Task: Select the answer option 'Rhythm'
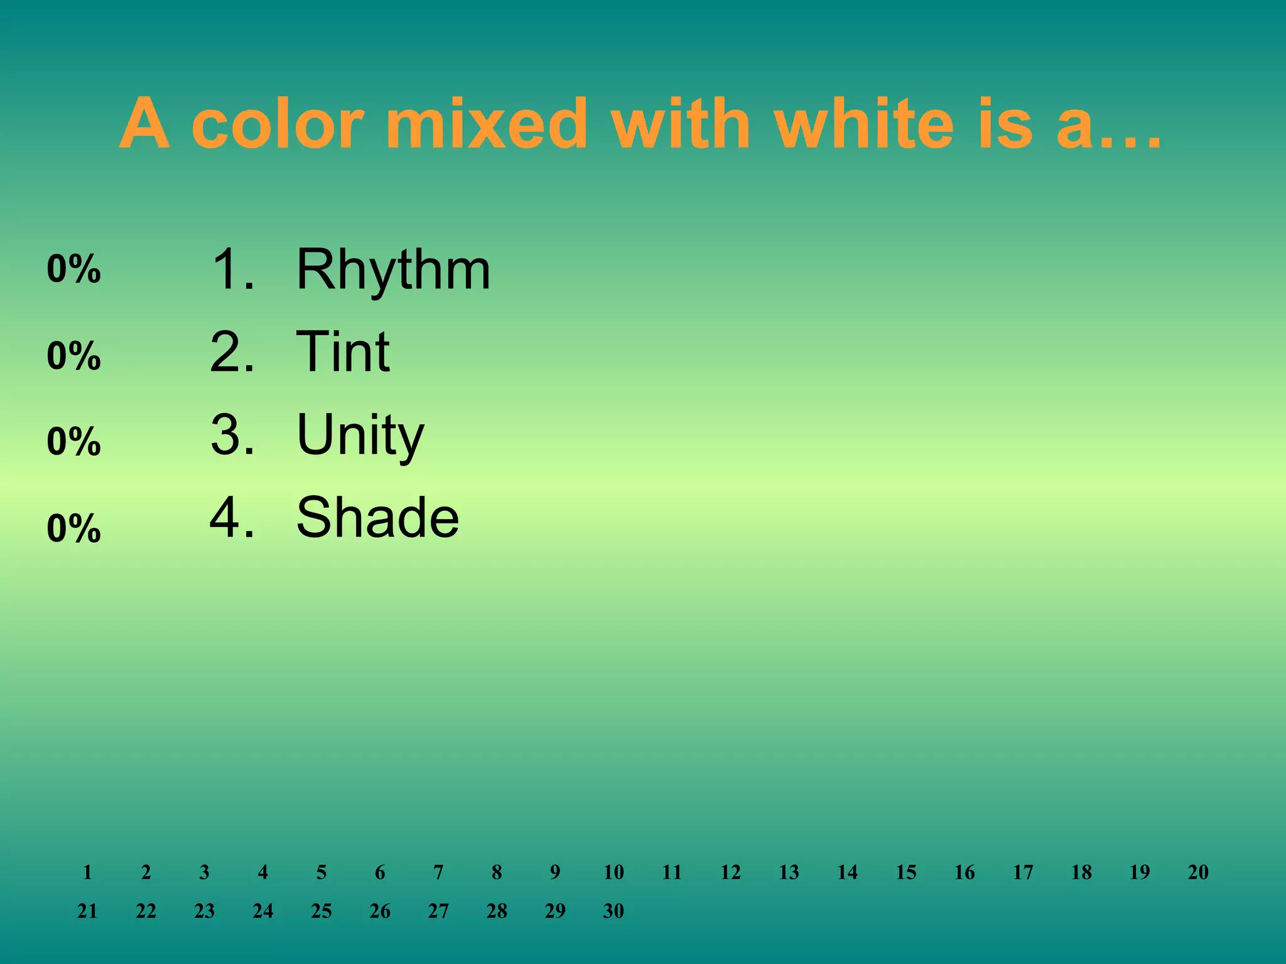click(x=393, y=270)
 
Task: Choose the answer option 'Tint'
click(x=343, y=352)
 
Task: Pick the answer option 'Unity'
click(x=360, y=435)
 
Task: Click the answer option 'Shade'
click(x=377, y=518)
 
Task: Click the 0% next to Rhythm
click(x=73, y=269)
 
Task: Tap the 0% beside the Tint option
click(x=73, y=356)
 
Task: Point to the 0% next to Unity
click(x=73, y=442)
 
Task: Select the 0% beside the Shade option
click(x=73, y=528)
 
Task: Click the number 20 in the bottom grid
click(x=1197, y=872)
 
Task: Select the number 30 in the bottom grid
click(x=613, y=911)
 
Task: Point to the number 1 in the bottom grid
click(x=87, y=872)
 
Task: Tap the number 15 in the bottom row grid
click(x=905, y=872)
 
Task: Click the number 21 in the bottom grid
click(x=87, y=911)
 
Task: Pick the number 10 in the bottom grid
click(x=613, y=872)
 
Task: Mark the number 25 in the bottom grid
click(x=321, y=911)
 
